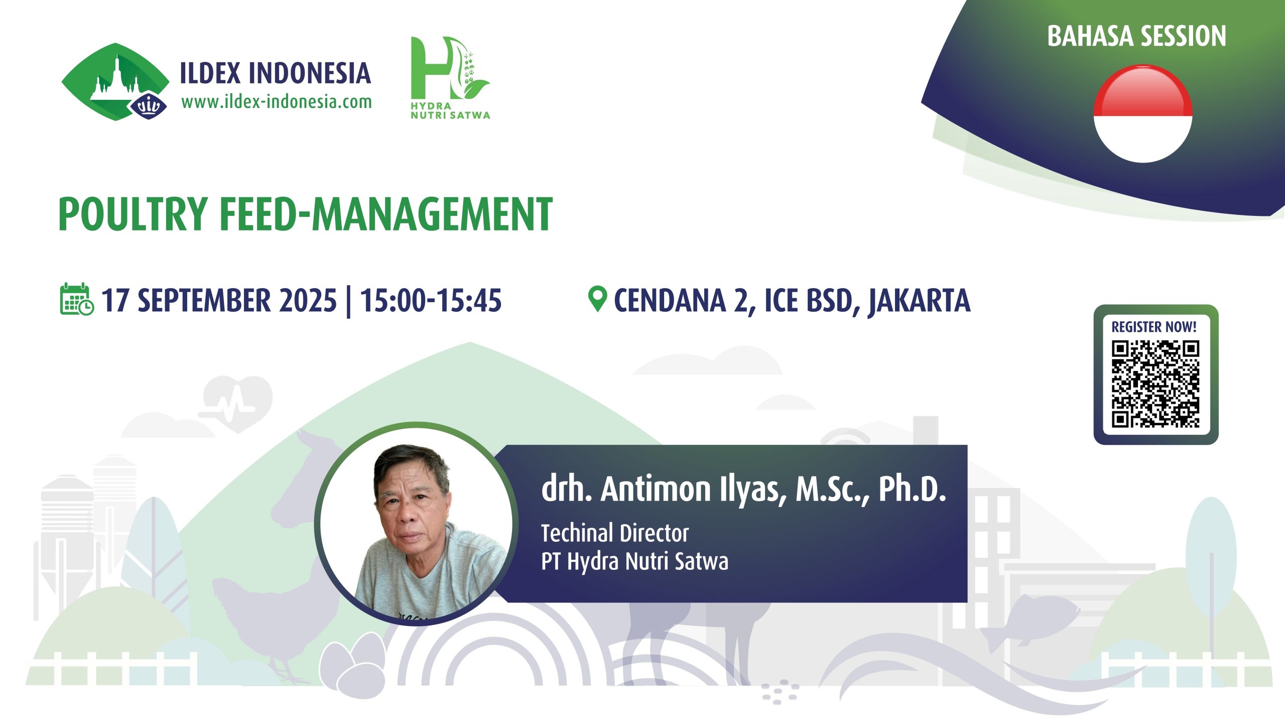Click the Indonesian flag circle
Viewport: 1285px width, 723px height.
1143,114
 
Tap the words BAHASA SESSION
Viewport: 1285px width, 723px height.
1136,36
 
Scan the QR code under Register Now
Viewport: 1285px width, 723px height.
1155,384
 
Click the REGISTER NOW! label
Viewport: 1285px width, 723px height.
1154,327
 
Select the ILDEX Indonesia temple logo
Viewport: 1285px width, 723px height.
115,82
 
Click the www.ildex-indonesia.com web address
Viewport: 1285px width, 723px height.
277,102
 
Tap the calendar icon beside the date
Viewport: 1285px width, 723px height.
76,299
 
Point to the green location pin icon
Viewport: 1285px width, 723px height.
597,299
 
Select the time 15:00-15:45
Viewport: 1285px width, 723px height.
431,300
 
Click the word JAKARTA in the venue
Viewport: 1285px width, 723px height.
920,301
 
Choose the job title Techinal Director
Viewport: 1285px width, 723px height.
615,533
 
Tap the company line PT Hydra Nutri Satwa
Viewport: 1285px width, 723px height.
634,562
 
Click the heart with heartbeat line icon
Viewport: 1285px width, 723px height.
236,402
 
